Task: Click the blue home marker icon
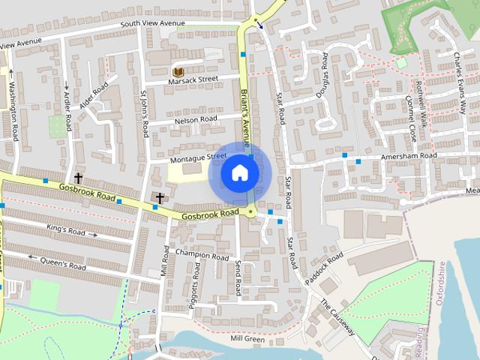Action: click(x=239, y=172)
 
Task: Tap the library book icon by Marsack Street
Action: click(x=178, y=72)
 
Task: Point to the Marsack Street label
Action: click(x=193, y=78)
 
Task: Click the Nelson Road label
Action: click(x=196, y=118)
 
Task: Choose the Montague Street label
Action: click(x=198, y=157)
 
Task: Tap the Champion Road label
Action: click(x=202, y=256)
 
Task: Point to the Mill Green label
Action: click(x=247, y=339)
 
